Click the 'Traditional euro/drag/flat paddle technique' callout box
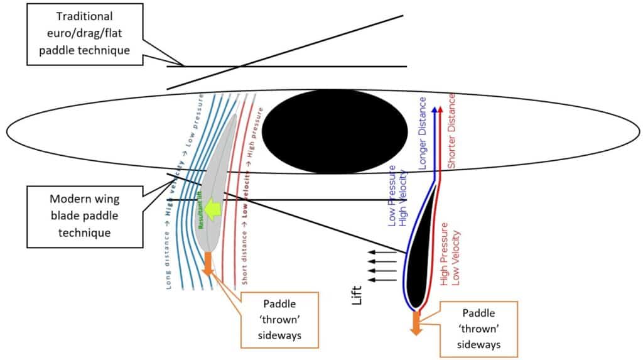(84, 33)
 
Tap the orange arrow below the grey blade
(207, 263)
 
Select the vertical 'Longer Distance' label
(423, 134)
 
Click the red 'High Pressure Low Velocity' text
(451, 258)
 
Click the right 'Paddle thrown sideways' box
(479, 327)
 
